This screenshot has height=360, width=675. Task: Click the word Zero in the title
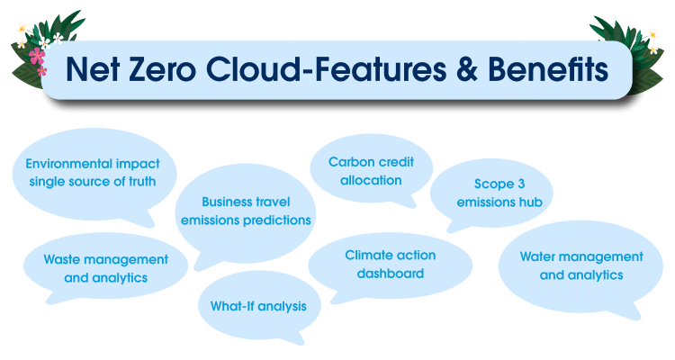[162, 69]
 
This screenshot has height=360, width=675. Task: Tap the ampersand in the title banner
[466, 69]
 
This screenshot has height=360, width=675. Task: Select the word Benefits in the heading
[548, 69]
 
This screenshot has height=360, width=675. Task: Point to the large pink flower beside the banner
[37, 56]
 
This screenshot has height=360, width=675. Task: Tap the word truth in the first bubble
[142, 181]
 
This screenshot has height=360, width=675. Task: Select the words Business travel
[246, 202]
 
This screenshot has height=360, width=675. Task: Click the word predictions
[277, 220]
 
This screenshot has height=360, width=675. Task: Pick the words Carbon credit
[371, 162]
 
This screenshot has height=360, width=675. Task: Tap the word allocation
[371, 180]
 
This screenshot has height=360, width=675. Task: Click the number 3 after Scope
[521, 184]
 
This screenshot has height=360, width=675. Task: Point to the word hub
[530, 202]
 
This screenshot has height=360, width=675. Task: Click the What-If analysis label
[258, 306]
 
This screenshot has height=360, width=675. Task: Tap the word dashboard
[391, 274]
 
